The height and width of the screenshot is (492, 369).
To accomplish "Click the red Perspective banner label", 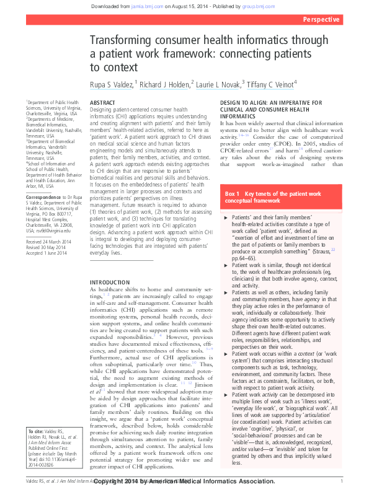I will pyautogui.click(x=321, y=19).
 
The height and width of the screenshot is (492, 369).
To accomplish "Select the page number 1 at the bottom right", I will pyautogui.click(x=342, y=481).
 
